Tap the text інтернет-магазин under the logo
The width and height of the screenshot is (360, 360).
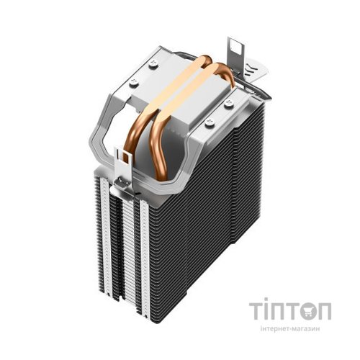point(291,333)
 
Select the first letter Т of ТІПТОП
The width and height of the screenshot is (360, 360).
point(259,311)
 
